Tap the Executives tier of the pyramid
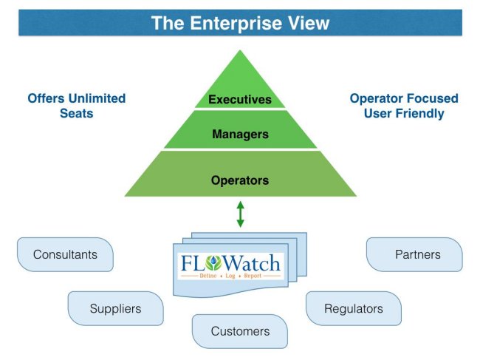tap(240, 99)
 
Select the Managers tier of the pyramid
tap(240, 135)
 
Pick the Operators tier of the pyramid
tap(240, 180)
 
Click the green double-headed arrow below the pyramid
tap(240, 214)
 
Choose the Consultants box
tap(65, 254)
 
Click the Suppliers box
tap(115, 308)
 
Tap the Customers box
tap(240, 331)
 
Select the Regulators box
tap(354, 308)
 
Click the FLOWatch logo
tap(230, 265)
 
